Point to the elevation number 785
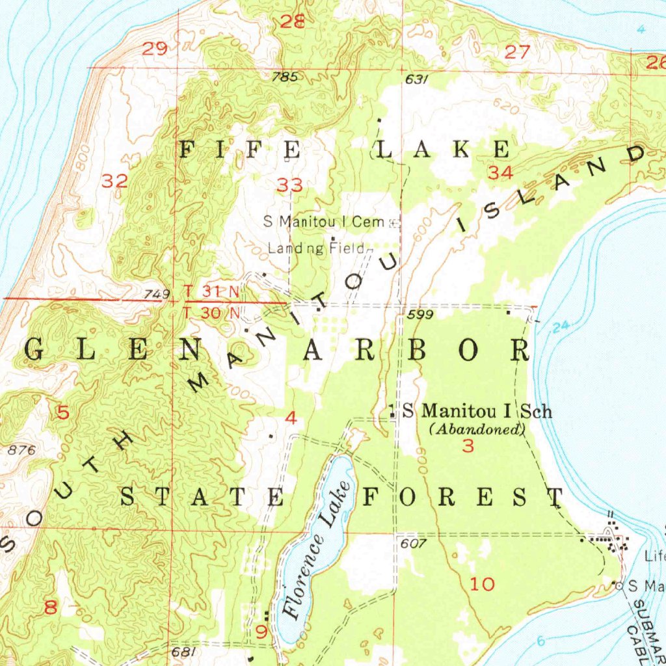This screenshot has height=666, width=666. click(x=285, y=77)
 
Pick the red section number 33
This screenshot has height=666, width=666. click(x=289, y=186)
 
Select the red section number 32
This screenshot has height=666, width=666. click(x=114, y=182)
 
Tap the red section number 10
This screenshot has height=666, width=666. click(x=483, y=584)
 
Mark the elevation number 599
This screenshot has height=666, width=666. click(x=421, y=315)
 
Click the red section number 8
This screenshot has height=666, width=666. click(x=50, y=608)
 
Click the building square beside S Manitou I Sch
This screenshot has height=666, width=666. click(x=392, y=411)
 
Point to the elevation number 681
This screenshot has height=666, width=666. click(x=184, y=651)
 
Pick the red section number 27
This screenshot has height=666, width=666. click(x=518, y=53)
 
